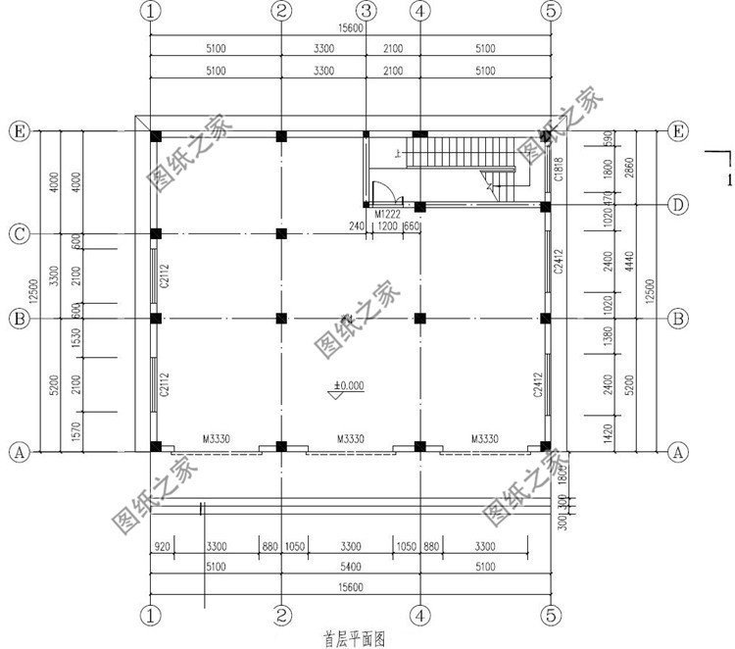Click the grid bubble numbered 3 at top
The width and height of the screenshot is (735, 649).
366,11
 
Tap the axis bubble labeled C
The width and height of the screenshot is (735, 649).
17,234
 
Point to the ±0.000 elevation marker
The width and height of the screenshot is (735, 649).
345,386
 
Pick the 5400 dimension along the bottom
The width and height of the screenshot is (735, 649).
350,566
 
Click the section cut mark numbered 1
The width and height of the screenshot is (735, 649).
727,180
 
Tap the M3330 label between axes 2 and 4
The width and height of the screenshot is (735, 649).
350,439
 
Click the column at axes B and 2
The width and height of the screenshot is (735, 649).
281,318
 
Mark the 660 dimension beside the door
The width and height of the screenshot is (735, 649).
412,226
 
